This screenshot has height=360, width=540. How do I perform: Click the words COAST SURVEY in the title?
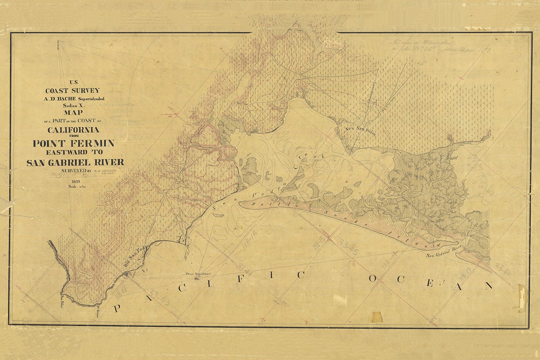(x=74, y=90)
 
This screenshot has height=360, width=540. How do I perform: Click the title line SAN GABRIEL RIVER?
(x=75, y=162)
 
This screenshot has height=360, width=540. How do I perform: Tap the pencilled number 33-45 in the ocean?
(x=347, y=247)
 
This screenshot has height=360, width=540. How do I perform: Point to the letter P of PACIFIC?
(x=117, y=308)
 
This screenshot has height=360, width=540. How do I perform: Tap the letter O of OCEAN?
(x=373, y=279)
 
